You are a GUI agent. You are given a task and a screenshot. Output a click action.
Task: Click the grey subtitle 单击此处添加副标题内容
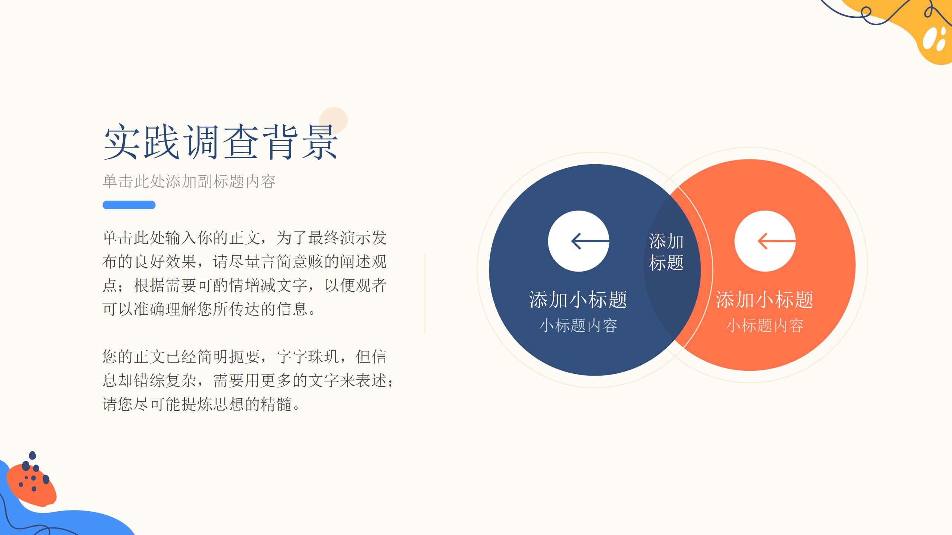[x=189, y=181]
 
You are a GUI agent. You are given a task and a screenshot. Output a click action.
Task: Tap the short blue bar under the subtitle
[x=129, y=205]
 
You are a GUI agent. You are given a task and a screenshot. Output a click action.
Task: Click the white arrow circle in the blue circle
[x=579, y=241]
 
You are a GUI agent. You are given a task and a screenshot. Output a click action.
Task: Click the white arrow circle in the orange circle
[x=765, y=241]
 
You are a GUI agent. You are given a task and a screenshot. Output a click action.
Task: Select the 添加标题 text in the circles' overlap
[x=666, y=252]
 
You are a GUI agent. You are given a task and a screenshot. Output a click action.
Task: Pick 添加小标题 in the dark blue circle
[x=578, y=299]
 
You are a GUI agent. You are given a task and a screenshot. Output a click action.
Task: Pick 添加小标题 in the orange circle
[x=765, y=299]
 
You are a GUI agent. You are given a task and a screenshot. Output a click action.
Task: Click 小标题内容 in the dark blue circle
[x=578, y=325]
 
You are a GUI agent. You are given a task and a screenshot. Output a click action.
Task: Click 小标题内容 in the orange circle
[x=765, y=325]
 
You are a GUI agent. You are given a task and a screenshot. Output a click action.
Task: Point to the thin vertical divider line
[x=425, y=294]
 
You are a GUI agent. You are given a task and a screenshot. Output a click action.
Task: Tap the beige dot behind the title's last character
[x=334, y=120]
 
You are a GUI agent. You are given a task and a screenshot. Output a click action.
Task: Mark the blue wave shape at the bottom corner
[x=56, y=513]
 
